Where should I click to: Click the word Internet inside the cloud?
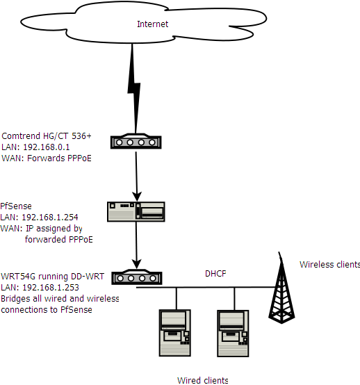[x=152, y=24]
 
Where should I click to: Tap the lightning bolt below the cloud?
[x=134, y=89]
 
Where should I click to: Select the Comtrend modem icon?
[x=136, y=141]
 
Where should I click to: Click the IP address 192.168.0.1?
[x=47, y=147]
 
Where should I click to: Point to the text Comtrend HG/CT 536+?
[x=47, y=136]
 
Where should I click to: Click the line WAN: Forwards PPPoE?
[x=47, y=158]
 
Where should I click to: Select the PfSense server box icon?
[x=136, y=212]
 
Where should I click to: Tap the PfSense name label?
[x=16, y=206]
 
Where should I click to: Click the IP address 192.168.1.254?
[x=50, y=217]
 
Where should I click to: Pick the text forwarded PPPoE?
[x=59, y=239]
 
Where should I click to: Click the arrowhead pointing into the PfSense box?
[x=137, y=197]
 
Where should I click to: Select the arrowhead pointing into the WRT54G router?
[x=136, y=263]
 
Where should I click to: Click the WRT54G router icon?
[x=137, y=277]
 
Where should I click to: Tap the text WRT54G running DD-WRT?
[x=53, y=276]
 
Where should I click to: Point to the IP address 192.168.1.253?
[x=51, y=287]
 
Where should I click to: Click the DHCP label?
[x=215, y=274]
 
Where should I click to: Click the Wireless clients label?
[x=329, y=265]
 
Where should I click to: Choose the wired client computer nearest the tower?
[x=233, y=334]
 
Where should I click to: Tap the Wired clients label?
[x=203, y=380]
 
